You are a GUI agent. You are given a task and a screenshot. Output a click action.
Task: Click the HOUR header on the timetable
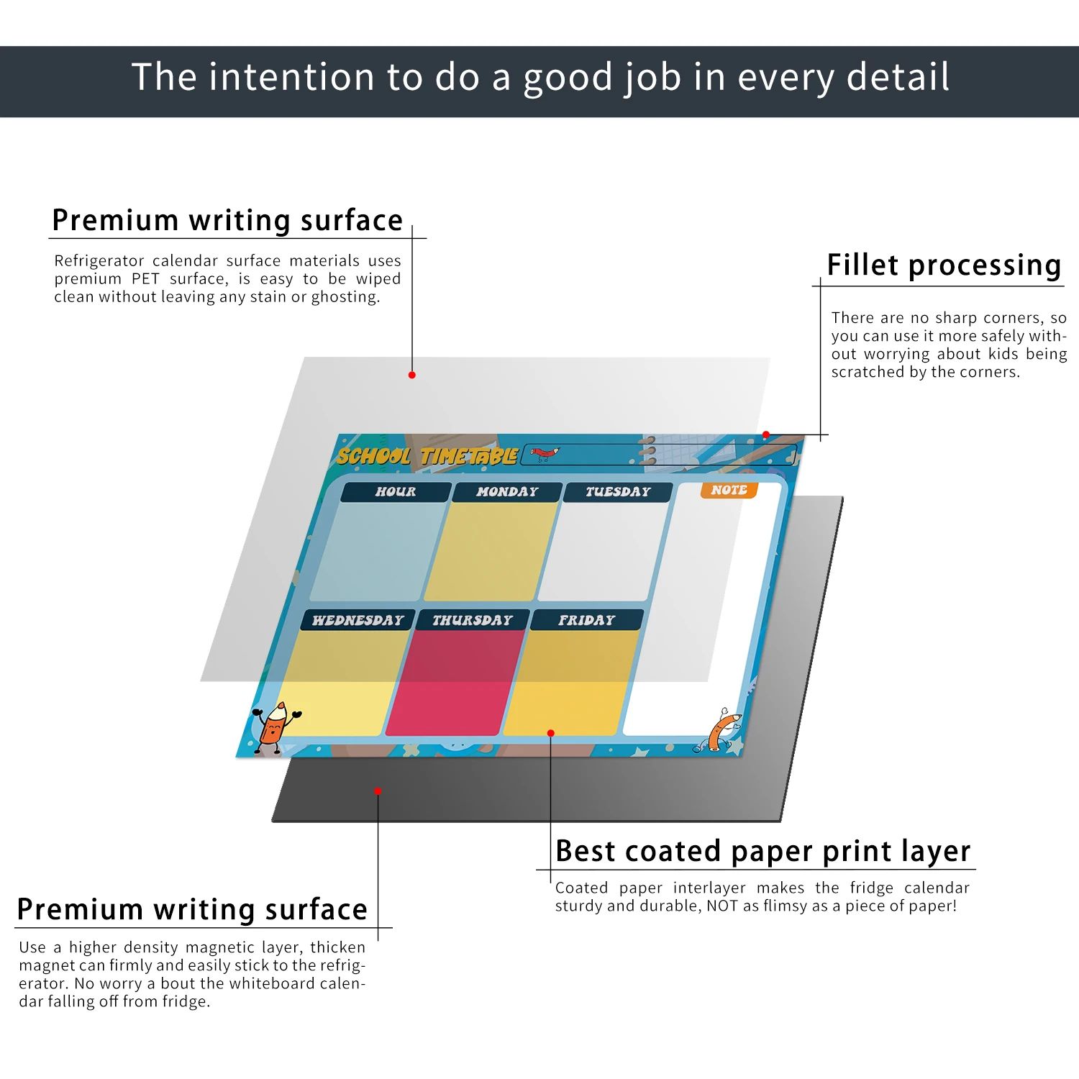pyautogui.click(x=396, y=492)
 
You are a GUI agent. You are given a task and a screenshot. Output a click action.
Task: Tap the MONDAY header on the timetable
pyautogui.click(x=507, y=492)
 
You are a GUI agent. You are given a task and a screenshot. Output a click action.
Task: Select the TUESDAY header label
pyautogui.click(x=618, y=492)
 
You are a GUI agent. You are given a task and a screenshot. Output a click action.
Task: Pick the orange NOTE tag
pyautogui.click(x=729, y=491)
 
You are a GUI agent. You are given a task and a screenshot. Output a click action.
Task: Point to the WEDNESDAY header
pyautogui.click(x=358, y=620)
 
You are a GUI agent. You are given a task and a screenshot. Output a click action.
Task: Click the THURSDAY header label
pyautogui.click(x=473, y=620)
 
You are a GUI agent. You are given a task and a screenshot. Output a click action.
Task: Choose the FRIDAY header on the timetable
pyautogui.click(x=586, y=620)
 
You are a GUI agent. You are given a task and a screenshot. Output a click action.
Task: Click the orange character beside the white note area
pyautogui.click(x=721, y=729)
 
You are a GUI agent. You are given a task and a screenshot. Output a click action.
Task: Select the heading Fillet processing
pyautogui.click(x=944, y=265)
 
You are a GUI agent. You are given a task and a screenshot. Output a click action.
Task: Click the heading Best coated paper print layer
pyautogui.click(x=762, y=852)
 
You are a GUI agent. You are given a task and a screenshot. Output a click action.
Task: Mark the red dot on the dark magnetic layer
pyautogui.click(x=378, y=791)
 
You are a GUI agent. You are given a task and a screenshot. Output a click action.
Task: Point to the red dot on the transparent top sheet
pyautogui.click(x=412, y=375)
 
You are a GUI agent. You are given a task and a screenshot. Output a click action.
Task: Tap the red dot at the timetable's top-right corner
pyautogui.click(x=766, y=434)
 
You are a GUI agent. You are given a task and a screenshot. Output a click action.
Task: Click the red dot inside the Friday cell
pyautogui.click(x=551, y=733)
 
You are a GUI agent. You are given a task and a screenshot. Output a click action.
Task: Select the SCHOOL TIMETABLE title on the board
pyautogui.click(x=427, y=456)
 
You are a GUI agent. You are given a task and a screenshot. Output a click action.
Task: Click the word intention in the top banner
pyautogui.click(x=292, y=77)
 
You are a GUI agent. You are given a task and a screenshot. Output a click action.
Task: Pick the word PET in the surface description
pyautogui.click(x=145, y=279)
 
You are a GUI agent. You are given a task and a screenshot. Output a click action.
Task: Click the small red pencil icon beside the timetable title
pyautogui.click(x=545, y=453)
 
